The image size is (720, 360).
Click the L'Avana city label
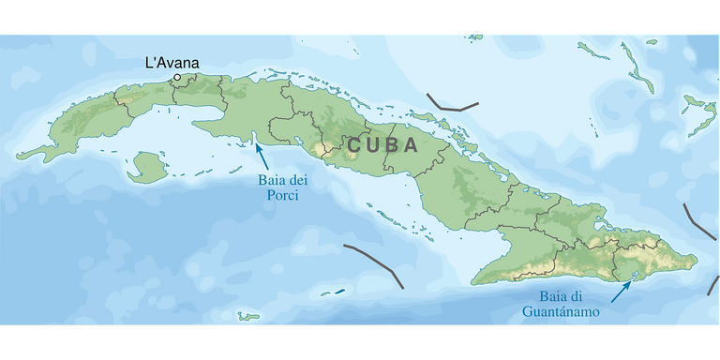[172, 63]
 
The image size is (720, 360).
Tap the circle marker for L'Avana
[177, 77]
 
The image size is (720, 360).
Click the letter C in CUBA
[355, 146]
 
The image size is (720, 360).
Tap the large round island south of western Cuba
[145, 169]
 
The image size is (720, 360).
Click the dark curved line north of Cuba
[448, 103]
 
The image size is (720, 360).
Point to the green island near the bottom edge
[247, 316]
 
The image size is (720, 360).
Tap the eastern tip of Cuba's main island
[696, 260]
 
